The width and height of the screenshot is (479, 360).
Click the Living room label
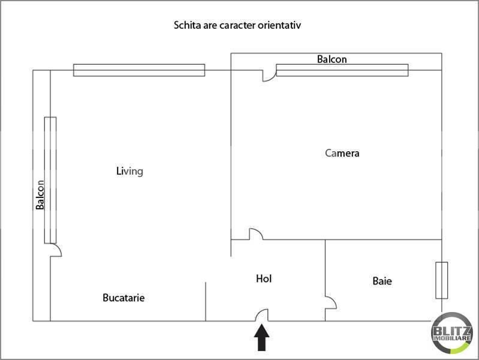[x=129, y=171]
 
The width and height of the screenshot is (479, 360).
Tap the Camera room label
[x=342, y=153]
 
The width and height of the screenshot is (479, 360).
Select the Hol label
[x=264, y=278]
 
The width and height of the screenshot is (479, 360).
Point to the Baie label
[x=382, y=281]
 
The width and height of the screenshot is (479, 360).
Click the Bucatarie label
[x=123, y=298]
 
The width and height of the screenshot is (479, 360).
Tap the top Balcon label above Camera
[x=332, y=59]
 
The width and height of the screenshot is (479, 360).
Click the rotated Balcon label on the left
[x=40, y=195]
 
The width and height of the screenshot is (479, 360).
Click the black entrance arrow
[x=262, y=338]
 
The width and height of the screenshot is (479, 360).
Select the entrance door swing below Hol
[x=262, y=315]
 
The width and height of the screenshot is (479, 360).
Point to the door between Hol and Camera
[x=256, y=234]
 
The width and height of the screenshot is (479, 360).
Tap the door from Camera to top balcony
[x=269, y=76]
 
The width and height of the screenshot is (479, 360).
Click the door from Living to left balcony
[x=56, y=250]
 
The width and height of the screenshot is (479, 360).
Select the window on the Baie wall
[x=442, y=280]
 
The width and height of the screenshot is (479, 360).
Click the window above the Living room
[x=139, y=70]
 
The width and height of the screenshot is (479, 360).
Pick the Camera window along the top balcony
[x=342, y=70]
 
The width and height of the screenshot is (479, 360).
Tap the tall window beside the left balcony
[x=50, y=180]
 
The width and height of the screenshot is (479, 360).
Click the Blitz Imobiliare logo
[x=452, y=333]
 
